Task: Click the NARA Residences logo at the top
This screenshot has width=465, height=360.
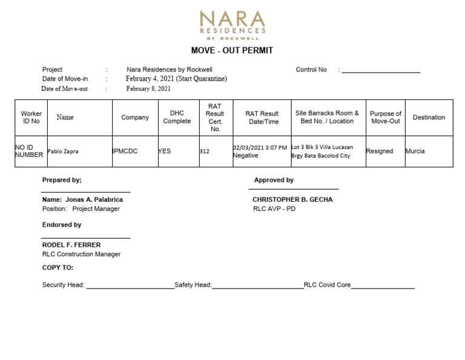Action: tap(232, 24)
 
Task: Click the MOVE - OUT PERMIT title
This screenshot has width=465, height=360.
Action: tap(232, 51)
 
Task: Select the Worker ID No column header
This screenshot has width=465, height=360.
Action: tap(31, 118)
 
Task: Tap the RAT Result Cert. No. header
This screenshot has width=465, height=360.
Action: tap(215, 118)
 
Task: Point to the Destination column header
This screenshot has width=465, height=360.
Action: tap(429, 118)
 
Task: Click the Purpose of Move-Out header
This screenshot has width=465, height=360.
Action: tap(386, 118)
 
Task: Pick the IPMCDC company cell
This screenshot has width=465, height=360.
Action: tap(125, 152)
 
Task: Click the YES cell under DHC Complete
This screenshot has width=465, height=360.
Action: tap(165, 152)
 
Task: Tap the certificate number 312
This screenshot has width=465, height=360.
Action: tap(205, 152)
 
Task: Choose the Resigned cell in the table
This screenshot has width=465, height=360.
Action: tap(380, 152)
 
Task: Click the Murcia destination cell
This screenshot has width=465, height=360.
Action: tap(415, 152)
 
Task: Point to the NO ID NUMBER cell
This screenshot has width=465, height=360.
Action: tap(29, 152)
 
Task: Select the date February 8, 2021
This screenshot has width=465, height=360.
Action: tap(148, 88)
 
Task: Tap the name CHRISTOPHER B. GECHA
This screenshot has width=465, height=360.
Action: tap(292, 199)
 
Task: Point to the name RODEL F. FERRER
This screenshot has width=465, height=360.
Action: tap(71, 245)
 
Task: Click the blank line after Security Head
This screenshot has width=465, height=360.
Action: tap(130, 287)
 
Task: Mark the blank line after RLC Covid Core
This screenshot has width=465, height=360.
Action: tap(383, 287)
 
